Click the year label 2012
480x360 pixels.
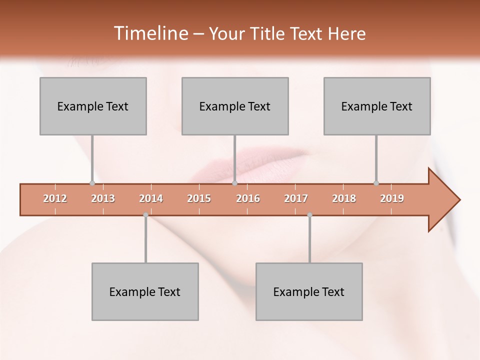55,199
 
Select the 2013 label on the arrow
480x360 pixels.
103,199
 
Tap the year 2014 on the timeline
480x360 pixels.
151,199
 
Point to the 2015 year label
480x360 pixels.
199,199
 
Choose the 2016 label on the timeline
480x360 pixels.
248,199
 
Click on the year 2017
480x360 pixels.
296,199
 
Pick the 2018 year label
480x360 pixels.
344,199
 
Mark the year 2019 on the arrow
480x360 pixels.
392,199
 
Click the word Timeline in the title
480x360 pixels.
150,33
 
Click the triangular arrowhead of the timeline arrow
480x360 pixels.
442,200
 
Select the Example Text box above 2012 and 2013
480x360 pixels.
93,106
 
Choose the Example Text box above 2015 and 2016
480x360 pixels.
235,106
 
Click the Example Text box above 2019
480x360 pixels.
377,106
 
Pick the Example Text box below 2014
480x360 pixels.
145,291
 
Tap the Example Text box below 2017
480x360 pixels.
309,291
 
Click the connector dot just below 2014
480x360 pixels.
145,215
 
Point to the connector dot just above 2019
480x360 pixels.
376,183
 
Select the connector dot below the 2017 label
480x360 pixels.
309,215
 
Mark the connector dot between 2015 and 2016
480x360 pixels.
234,183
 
